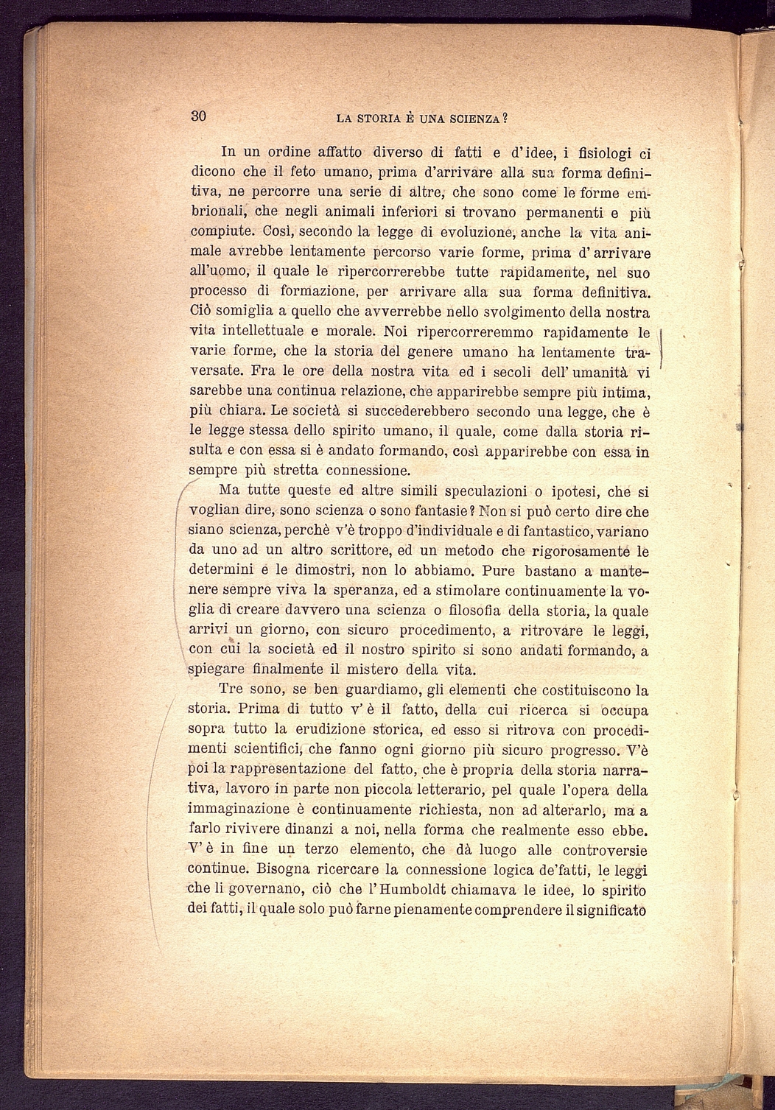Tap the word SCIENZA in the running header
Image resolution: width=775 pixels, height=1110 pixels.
[472, 117]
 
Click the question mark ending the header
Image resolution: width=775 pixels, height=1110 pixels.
[508, 117]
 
